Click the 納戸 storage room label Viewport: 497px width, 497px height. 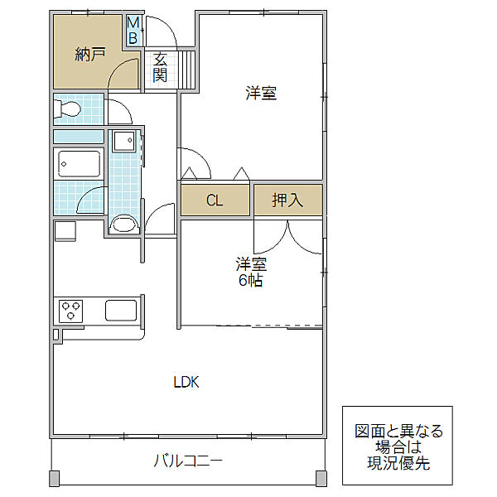[90, 55]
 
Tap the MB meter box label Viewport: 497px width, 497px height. [133, 31]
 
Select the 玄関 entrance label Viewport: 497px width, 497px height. [160, 67]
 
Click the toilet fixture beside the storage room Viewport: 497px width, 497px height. [67, 109]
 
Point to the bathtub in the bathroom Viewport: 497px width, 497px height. [79, 164]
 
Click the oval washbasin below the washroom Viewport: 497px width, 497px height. [124, 224]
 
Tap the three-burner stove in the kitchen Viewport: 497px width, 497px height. [70, 311]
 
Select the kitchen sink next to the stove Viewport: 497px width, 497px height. [121, 311]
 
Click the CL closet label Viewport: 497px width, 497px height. [215, 200]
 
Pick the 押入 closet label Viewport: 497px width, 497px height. [287, 200]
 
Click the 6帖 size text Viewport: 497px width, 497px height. [250, 280]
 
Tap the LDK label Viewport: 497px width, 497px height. [186, 382]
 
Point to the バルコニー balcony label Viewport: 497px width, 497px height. [188, 461]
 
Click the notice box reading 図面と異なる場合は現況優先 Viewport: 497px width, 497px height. [398, 446]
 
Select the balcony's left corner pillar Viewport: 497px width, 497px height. [55, 479]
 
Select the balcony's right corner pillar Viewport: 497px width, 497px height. [321, 479]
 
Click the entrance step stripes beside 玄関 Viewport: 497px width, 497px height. [187, 70]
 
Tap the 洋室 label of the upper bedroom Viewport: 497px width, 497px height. [261, 93]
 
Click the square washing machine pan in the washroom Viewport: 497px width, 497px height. [124, 141]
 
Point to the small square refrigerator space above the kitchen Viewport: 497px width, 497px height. [65, 231]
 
